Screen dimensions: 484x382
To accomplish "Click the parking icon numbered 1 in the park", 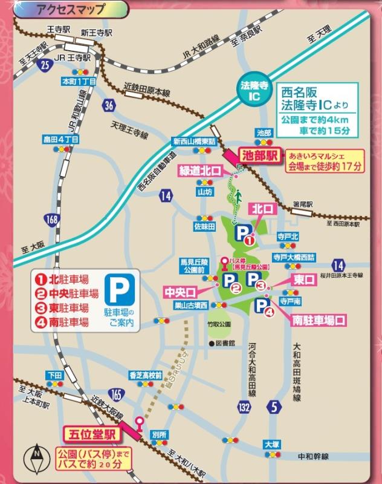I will click(244, 234).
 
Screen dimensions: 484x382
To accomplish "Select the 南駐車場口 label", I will click(319, 319).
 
